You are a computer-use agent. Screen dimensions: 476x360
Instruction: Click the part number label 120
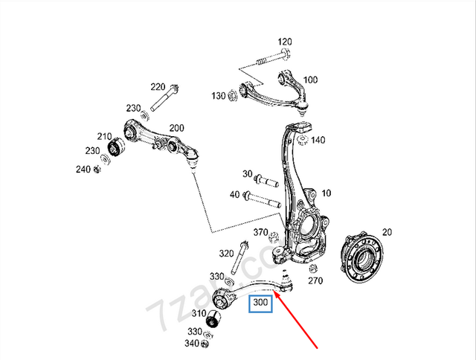coord(286,42)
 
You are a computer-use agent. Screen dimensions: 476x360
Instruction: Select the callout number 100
coord(310,80)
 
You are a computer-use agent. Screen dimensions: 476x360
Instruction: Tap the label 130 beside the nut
coord(218,96)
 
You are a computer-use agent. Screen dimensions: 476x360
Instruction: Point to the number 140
coord(318,140)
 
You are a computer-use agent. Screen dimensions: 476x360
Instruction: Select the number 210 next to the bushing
coord(103,137)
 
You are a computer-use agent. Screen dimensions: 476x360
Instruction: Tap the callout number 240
coord(82,170)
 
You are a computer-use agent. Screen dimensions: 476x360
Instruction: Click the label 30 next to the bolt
coord(247,174)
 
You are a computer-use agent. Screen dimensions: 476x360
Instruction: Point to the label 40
coord(234,195)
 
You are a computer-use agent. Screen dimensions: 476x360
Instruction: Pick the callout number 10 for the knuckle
coord(327,193)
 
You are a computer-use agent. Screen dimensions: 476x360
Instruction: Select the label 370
coord(260,233)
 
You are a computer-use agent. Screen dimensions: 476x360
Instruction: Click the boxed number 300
coord(261,303)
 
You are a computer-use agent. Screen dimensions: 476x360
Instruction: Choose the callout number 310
coord(199,314)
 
